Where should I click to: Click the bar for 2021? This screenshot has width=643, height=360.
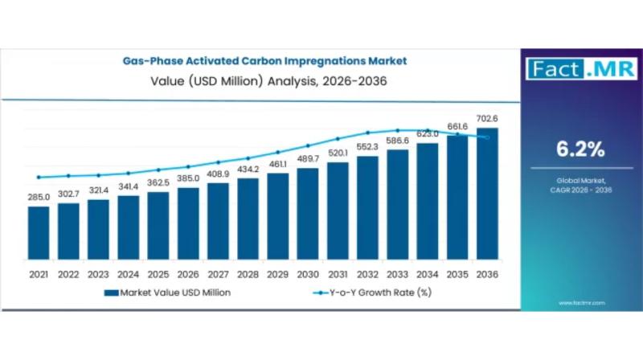pos(39,234)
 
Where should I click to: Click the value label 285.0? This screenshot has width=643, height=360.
pos(39,197)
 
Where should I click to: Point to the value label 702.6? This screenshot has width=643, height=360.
pos(487,118)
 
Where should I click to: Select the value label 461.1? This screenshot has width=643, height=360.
pos(277,164)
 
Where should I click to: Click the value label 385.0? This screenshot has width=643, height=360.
pos(188,178)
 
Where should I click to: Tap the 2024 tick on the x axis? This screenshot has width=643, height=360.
pos(128,274)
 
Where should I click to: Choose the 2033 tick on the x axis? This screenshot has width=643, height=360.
pos(397,274)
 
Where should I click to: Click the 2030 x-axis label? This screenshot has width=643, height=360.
pos(307,274)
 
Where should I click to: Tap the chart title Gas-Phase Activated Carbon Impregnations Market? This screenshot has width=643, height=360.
pos(264,60)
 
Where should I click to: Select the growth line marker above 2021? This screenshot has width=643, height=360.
pos(39,177)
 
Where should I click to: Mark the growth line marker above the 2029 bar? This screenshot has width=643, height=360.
pos(277,152)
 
